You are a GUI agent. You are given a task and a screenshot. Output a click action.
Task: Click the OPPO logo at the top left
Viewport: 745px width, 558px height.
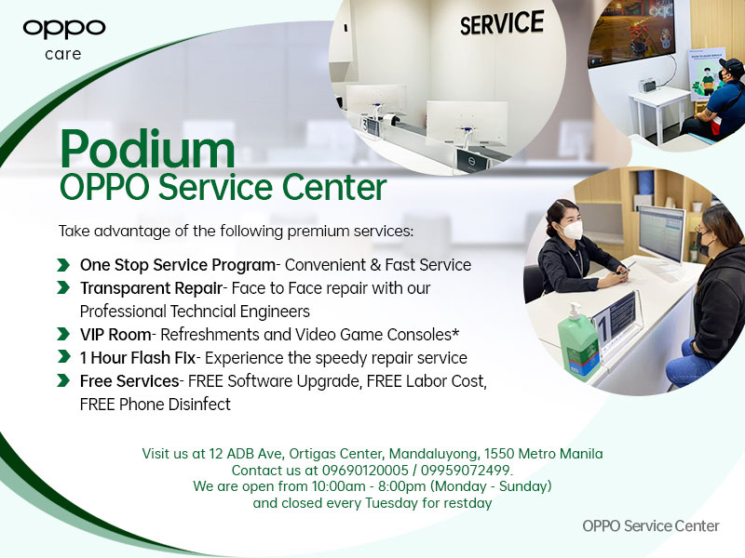pos(64,28)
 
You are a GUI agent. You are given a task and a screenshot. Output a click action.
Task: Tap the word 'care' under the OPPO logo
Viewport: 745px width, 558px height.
pos(63,54)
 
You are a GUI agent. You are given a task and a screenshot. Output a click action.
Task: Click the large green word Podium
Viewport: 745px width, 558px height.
pos(147,149)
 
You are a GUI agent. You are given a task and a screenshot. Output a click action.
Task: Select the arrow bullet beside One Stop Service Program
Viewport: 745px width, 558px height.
pos(62,265)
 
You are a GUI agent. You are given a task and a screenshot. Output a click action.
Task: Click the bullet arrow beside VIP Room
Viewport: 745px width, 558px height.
pos(62,334)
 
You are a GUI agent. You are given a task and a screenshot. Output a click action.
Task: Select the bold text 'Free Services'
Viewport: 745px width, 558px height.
pos(129,380)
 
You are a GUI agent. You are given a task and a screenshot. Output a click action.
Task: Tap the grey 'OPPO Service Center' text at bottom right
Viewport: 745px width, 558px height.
pos(650,525)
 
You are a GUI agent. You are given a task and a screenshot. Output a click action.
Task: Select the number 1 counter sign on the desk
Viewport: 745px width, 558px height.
pos(614,315)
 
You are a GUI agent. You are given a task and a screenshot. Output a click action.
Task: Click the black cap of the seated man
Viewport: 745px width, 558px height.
pos(732,67)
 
